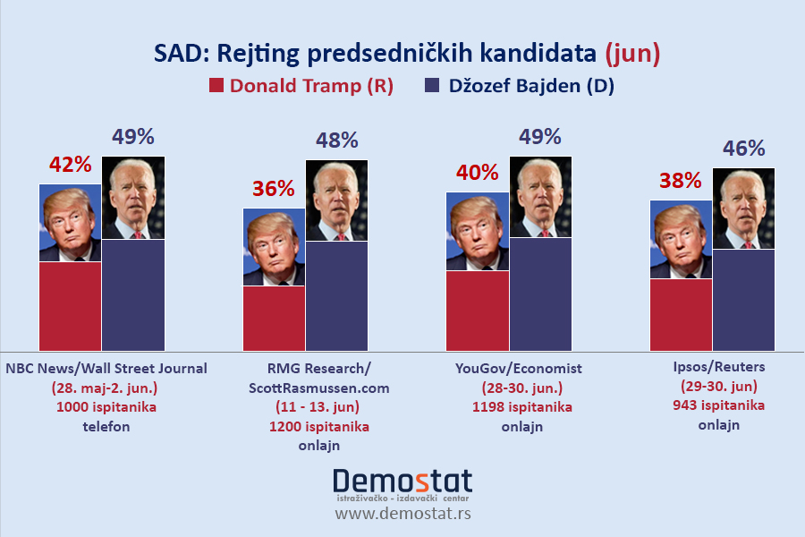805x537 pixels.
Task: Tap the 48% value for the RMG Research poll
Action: pyautogui.click(x=337, y=141)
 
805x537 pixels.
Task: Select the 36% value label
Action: pyautogui.click(x=274, y=189)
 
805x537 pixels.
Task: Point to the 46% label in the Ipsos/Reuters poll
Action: pyautogui.click(x=744, y=149)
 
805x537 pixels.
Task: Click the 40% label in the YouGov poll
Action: pyautogui.click(x=477, y=173)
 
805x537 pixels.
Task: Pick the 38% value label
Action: pyautogui.click(x=681, y=181)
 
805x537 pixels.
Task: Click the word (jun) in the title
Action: pyautogui.click(x=632, y=55)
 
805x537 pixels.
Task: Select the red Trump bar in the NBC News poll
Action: pyautogui.click(x=70, y=306)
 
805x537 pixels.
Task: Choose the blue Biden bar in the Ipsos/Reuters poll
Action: pyautogui.click(x=744, y=300)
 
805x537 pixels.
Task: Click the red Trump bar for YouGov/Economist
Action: pyautogui.click(x=477, y=311)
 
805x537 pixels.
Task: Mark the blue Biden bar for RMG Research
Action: pyautogui.click(x=337, y=296)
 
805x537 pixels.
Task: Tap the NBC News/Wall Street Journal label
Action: pyautogui.click(x=106, y=368)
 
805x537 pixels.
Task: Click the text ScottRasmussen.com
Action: pyautogui.click(x=319, y=388)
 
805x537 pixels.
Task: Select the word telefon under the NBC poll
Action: pyautogui.click(x=106, y=426)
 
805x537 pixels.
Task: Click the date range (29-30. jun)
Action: pyautogui.click(x=719, y=386)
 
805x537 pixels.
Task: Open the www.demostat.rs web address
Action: pyautogui.click(x=402, y=515)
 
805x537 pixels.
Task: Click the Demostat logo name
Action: pyautogui.click(x=402, y=482)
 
